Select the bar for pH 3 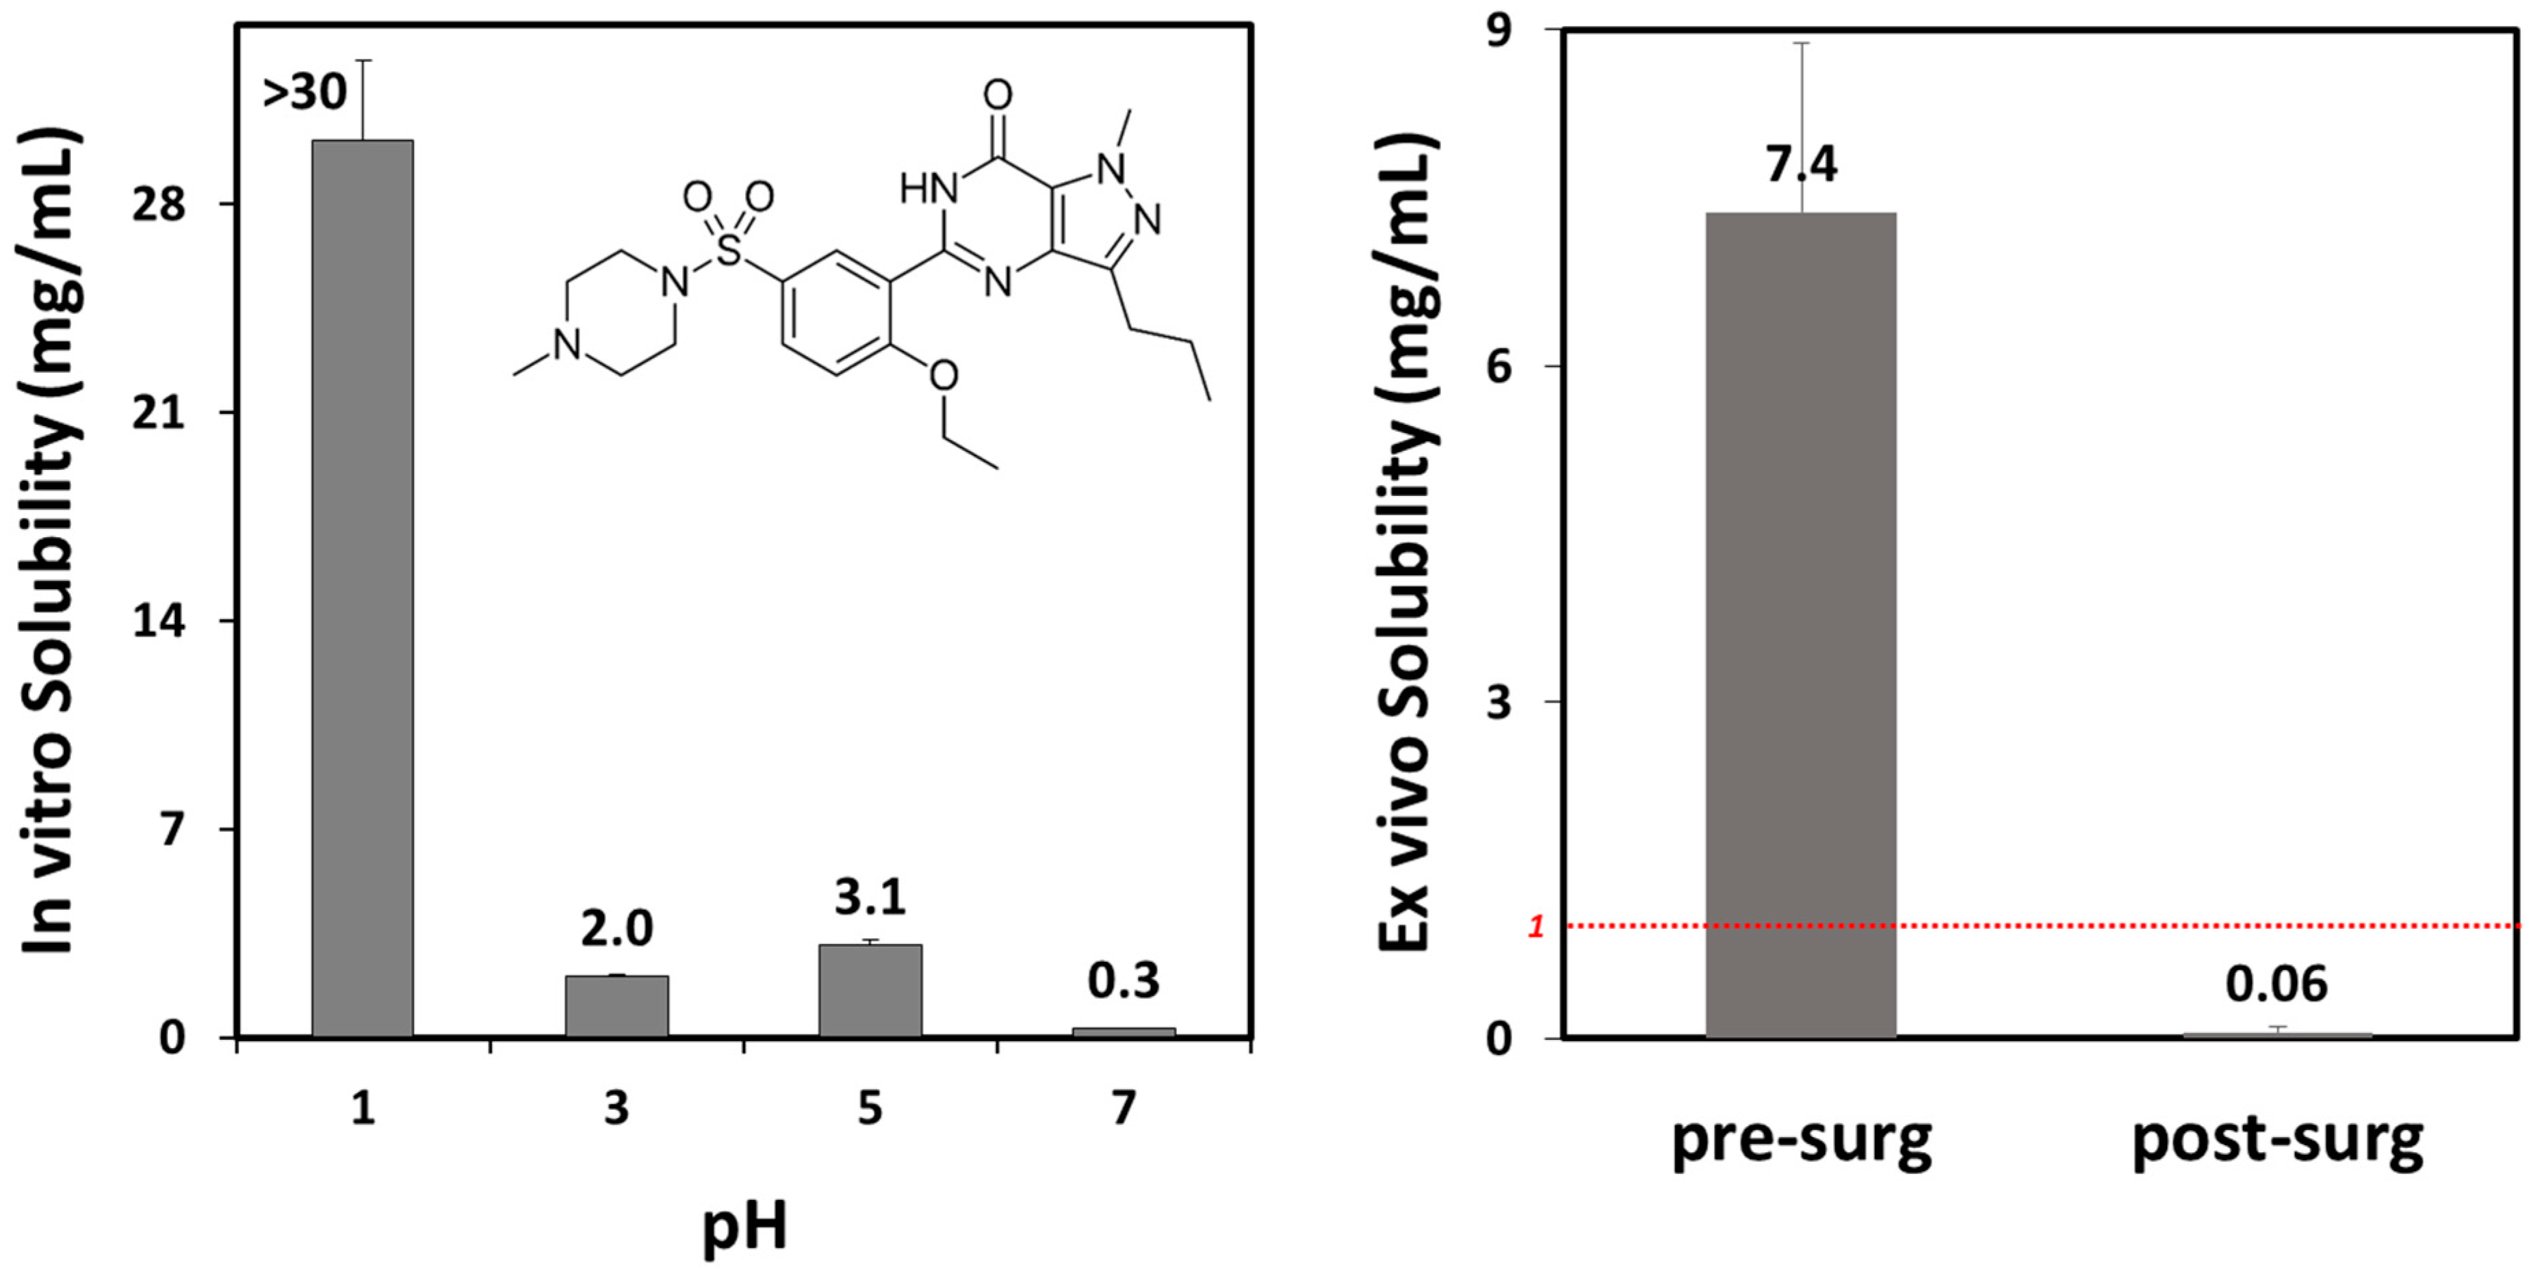[617, 1006]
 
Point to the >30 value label [305, 93]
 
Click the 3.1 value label [870, 897]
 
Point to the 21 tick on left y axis [159, 413]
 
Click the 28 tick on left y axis [159, 205]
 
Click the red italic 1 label [1535, 927]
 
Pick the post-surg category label [2277, 1142]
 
